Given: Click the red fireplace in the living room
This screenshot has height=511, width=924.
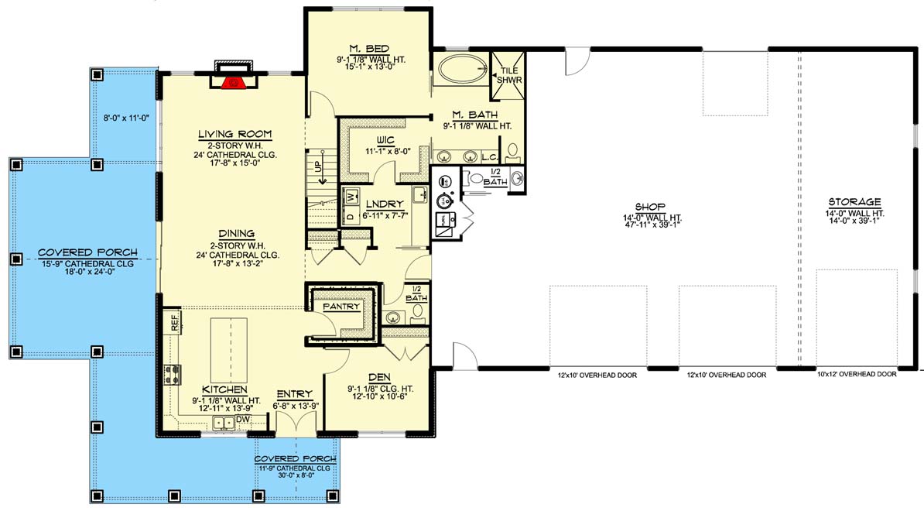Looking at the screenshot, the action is click(x=234, y=82).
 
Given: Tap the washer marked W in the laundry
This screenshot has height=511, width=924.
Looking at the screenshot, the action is click(x=352, y=195).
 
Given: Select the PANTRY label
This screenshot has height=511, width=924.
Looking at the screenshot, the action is click(x=341, y=307).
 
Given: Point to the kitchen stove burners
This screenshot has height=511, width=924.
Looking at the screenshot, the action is click(x=173, y=374).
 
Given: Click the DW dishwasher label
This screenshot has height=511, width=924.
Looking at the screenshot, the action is click(x=243, y=420).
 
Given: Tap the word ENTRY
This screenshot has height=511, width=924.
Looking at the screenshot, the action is click(x=295, y=394).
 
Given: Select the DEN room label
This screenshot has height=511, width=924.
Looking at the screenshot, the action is click(x=379, y=377).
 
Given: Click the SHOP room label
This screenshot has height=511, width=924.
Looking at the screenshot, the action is click(x=650, y=207).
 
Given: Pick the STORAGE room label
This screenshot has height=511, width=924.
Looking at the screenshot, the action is click(x=854, y=202).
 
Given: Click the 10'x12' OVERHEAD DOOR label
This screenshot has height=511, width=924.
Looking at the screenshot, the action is click(x=857, y=374).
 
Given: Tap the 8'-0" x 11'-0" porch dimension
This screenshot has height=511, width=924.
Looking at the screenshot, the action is click(x=126, y=118).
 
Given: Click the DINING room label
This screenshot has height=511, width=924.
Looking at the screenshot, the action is click(x=236, y=233).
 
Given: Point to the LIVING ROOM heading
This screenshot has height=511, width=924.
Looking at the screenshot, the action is click(x=234, y=134).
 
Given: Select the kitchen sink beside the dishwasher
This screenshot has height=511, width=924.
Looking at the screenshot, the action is click(x=224, y=422).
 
